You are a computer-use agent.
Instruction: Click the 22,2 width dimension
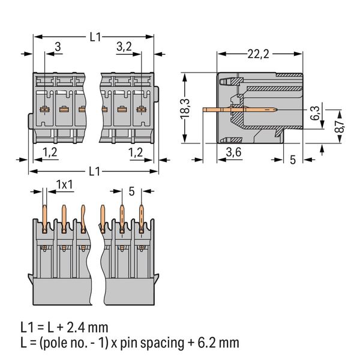pos(258,55)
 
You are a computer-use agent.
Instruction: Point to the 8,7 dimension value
pos(338,125)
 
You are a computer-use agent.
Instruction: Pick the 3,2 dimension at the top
pos(124,47)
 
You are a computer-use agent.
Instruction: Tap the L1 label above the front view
pos(94,36)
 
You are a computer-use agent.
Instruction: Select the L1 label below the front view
pos(94,171)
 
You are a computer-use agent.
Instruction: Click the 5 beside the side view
pos(292,160)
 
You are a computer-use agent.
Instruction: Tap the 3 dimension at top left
pos(57,47)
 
